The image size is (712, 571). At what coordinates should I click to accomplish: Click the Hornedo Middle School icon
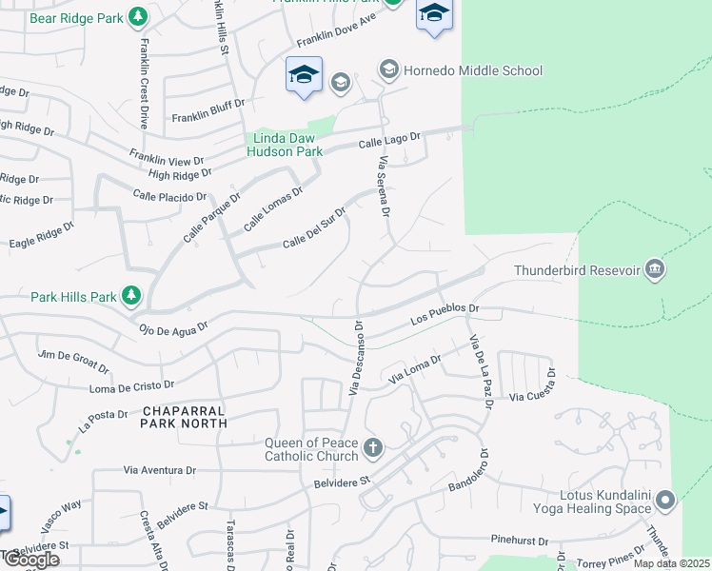click(x=388, y=70)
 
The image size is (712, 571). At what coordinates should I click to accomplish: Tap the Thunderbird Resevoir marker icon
click(x=654, y=270)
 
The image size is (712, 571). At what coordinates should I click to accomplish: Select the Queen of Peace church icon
click(x=373, y=447)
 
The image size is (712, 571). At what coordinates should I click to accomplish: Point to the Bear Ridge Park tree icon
click(x=138, y=17)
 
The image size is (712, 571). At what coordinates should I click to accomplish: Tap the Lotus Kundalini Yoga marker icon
click(x=665, y=499)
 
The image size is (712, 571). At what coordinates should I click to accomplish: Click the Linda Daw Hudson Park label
click(x=285, y=144)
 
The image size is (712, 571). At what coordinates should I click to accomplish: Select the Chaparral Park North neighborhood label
click(x=185, y=416)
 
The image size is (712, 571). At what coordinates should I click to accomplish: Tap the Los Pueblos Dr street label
click(x=444, y=314)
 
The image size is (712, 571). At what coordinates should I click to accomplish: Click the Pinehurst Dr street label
click(x=520, y=540)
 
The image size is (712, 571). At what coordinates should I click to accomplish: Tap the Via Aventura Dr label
click(x=160, y=470)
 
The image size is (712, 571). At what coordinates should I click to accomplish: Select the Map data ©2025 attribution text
click(x=671, y=563)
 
